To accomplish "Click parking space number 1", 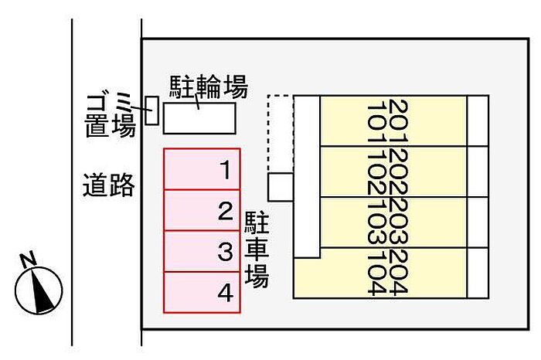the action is point(202,169).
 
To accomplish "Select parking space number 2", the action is point(202,210).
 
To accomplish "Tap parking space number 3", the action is point(202,251).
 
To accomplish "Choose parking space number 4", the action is point(202,293).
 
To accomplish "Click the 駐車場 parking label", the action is point(257,250).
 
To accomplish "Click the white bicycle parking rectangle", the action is point(199,118).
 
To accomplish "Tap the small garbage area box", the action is point(151,110).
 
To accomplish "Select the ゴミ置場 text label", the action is point(110,115).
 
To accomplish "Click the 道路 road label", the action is point(109,185).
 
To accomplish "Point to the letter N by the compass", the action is point(28,260).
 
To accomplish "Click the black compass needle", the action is point(42,290).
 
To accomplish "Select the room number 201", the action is point(398,121).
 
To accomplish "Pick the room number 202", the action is point(398,172).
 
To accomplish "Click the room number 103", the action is point(376,222).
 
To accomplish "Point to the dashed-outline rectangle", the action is point(281,134).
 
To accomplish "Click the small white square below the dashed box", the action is point(281,187).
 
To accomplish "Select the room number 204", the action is point(398,273).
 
